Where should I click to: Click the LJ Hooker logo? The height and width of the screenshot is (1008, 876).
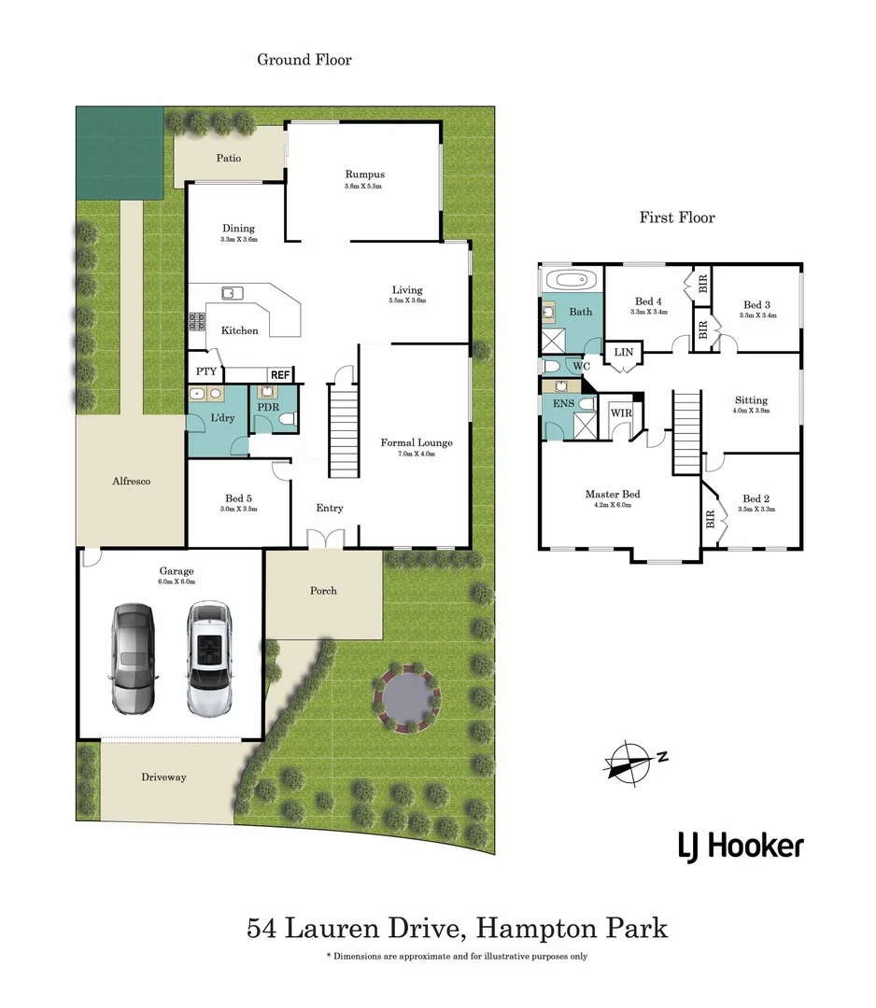pyautogui.click(x=740, y=847)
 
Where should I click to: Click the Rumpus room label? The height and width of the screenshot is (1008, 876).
pyautogui.click(x=364, y=175)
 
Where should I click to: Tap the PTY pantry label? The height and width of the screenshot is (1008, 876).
pyautogui.click(x=206, y=371)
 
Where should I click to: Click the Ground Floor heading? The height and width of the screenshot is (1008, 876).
pyautogui.click(x=304, y=60)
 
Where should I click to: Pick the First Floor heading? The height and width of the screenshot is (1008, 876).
pyautogui.click(x=677, y=217)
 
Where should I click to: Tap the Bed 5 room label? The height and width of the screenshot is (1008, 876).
pyautogui.click(x=238, y=498)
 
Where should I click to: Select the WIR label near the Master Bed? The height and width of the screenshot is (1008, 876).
pyautogui.click(x=620, y=413)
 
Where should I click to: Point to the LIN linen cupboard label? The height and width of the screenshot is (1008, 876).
pyautogui.click(x=621, y=352)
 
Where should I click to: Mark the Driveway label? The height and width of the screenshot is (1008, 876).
pyautogui.click(x=163, y=777)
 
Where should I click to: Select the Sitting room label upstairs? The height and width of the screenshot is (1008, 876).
pyautogui.click(x=751, y=399)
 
